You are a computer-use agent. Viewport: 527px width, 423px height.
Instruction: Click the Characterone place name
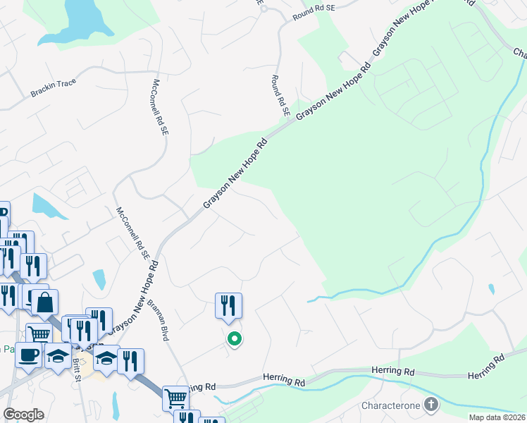pyautogui.click(x=390, y=405)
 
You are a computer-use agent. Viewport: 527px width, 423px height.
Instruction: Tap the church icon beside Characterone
pyautogui.click(x=430, y=405)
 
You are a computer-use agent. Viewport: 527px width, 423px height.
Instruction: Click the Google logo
pyautogui.click(x=23, y=415)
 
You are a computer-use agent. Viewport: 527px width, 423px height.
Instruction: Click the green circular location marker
pyautogui.click(x=235, y=340)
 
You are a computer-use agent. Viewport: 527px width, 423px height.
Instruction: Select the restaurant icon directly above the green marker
pyautogui.click(x=228, y=305)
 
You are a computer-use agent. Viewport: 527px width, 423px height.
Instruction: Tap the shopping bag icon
pyautogui.click(x=44, y=302)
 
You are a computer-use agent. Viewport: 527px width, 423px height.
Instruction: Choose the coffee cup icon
pyautogui.click(x=28, y=355)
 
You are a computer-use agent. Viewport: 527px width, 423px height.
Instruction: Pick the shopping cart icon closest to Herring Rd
pyautogui.click(x=175, y=398)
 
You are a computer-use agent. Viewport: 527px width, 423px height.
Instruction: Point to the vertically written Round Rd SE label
pyautogui.click(x=280, y=94)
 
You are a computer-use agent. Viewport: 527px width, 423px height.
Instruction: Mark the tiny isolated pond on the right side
pyautogui.click(x=490, y=288)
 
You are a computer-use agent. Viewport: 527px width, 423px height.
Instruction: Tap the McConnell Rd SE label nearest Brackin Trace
pyautogui.click(x=161, y=107)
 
